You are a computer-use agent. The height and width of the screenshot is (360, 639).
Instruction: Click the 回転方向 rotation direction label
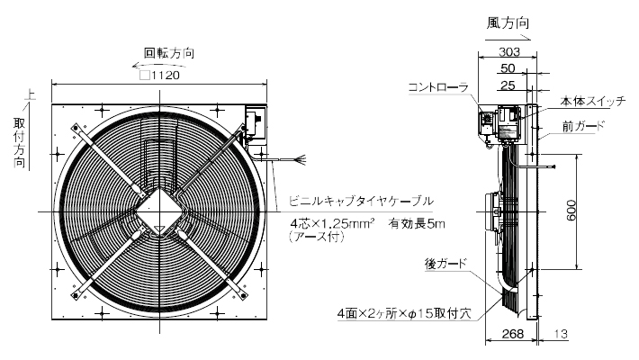168,53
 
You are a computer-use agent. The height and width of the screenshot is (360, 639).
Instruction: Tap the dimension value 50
508,68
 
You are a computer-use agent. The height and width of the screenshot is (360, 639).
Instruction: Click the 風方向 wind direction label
508,23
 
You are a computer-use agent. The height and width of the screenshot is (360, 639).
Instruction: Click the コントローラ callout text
438,87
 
